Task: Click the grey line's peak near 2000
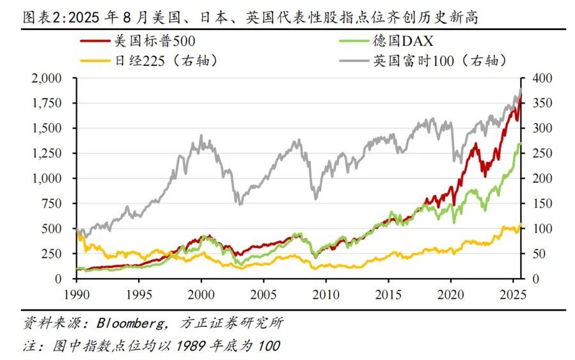tap(201, 136)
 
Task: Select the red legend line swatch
tap(95, 42)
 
